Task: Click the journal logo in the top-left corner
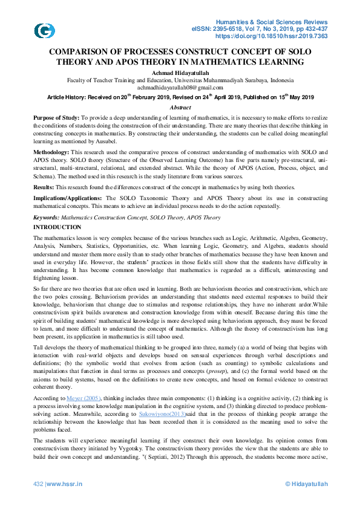(x=44, y=31)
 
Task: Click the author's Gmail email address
(x=180, y=88)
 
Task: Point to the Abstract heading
(x=180, y=107)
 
